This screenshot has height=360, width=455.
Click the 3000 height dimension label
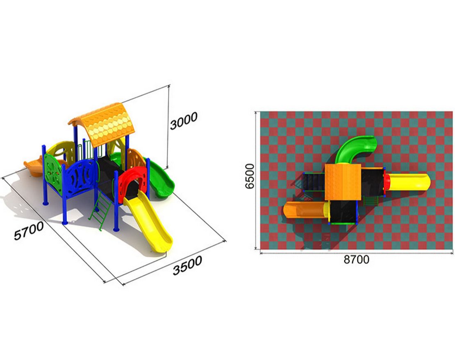184,120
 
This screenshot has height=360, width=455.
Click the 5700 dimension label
29,231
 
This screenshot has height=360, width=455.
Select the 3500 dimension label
187,265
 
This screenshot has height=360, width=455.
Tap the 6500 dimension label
249,176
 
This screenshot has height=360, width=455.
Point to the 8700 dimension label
356,259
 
